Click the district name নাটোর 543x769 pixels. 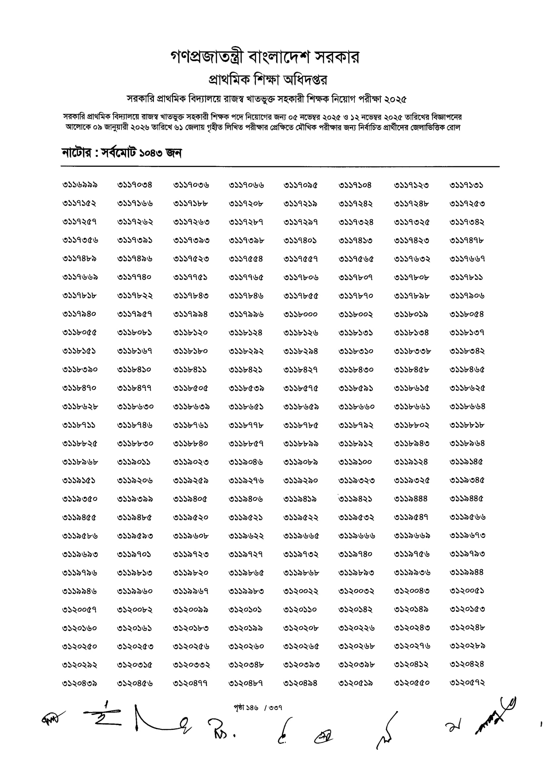click(76, 153)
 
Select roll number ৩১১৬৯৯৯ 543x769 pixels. click(80, 185)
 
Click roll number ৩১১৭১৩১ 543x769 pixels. click(466, 185)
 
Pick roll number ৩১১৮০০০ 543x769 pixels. click(301, 314)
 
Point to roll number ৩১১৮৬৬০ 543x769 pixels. click(356, 407)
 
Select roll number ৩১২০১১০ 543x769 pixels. click(300, 609)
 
